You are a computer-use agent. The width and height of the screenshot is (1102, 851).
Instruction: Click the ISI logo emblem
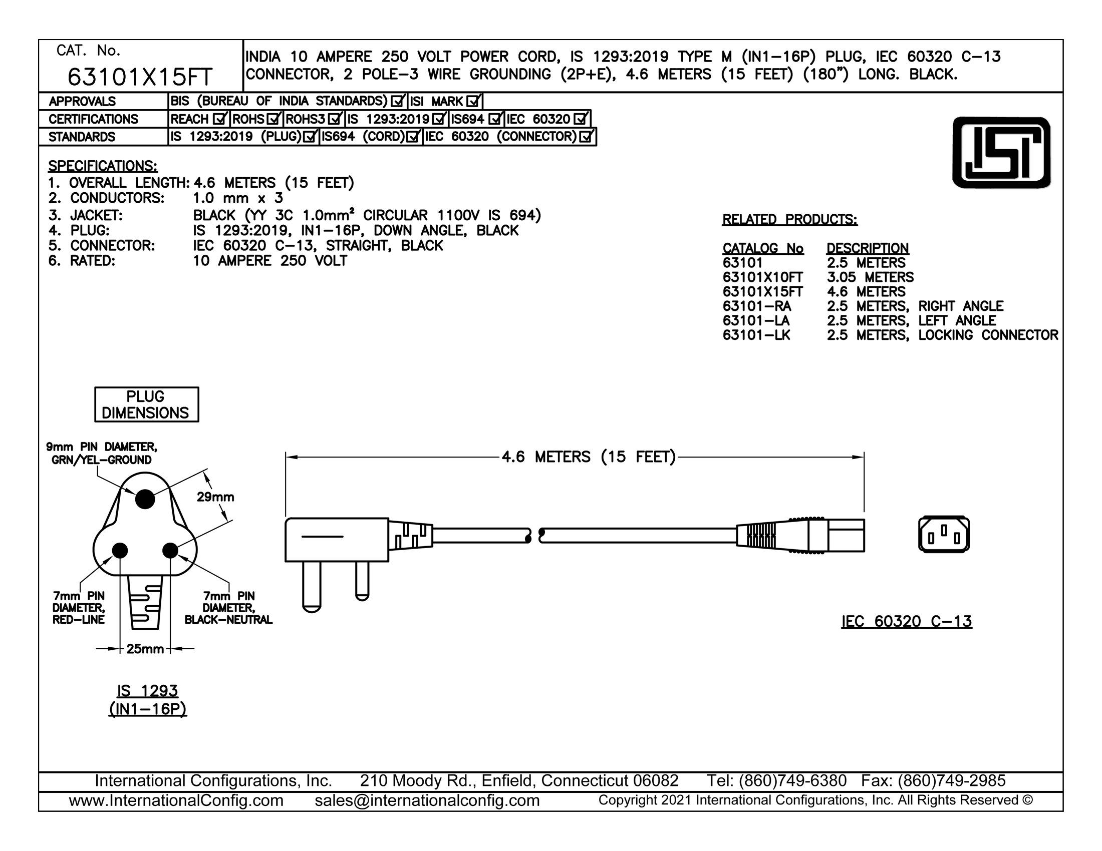pyautogui.click(x=1001, y=153)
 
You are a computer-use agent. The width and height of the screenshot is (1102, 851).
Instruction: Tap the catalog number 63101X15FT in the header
pyautogui.click(x=140, y=77)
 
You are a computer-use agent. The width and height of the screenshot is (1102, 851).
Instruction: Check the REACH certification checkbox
pyautogui.click(x=220, y=119)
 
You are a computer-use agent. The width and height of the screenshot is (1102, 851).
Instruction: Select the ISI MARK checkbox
pyautogui.click(x=473, y=101)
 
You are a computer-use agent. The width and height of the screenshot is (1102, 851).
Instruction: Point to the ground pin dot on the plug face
pyautogui.click(x=145, y=499)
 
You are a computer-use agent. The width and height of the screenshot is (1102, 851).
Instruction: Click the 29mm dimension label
pyautogui.click(x=215, y=497)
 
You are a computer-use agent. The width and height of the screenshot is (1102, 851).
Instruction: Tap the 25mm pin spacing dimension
pyautogui.click(x=145, y=649)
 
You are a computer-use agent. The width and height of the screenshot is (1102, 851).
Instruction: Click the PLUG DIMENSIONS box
pyautogui.click(x=147, y=404)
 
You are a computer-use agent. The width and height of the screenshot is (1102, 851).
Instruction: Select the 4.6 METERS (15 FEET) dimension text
pyautogui.click(x=589, y=457)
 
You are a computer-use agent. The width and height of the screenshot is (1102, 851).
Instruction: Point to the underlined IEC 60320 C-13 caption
pyautogui.click(x=907, y=622)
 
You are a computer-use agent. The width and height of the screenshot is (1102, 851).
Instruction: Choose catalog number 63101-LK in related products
pyautogui.click(x=756, y=335)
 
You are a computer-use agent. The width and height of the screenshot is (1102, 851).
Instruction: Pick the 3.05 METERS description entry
pyautogui.click(x=871, y=277)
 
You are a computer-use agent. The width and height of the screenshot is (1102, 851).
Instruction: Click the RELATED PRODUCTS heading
pyautogui.click(x=789, y=220)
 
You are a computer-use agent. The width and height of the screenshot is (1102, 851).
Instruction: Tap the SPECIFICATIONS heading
pyautogui.click(x=102, y=166)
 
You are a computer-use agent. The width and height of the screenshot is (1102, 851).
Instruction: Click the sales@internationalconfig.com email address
pyautogui.click(x=427, y=800)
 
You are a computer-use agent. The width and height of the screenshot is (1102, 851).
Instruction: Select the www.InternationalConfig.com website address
pyautogui.click(x=176, y=800)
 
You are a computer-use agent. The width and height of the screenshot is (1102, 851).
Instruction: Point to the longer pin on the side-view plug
pyautogui.click(x=312, y=587)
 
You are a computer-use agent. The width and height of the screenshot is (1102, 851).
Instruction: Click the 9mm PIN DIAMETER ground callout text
pyautogui.click(x=101, y=453)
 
